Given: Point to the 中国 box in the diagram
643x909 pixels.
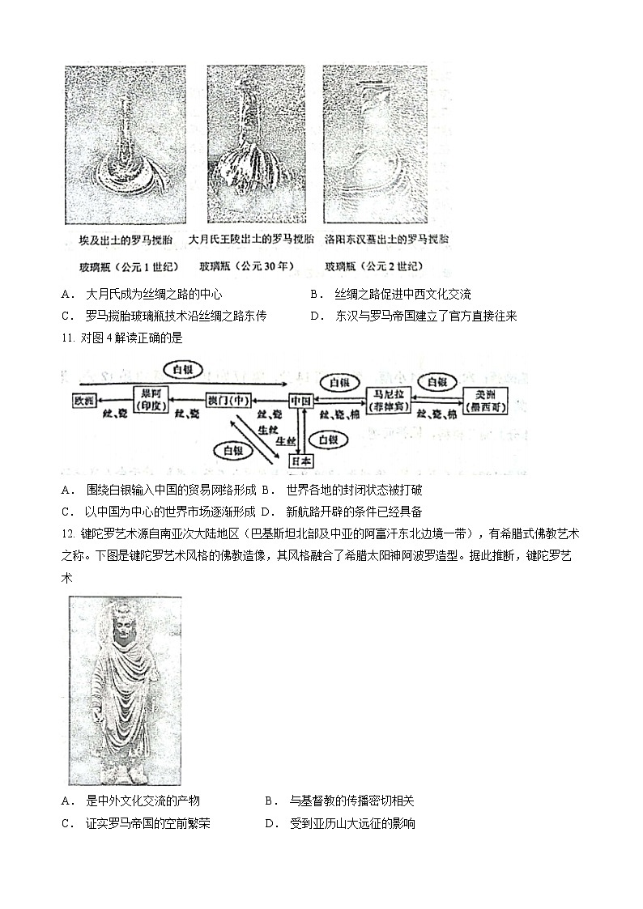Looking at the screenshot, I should click(x=302, y=400).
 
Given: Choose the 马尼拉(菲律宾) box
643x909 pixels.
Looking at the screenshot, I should click(x=390, y=400).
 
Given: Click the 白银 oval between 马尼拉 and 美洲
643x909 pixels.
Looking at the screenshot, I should click(x=437, y=380).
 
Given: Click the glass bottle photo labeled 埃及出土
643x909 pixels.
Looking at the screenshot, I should click(x=126, y=144).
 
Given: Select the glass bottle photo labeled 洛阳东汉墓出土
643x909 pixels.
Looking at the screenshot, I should click(x=374, y=144).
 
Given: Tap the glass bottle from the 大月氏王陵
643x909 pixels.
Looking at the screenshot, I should click(x=248, y=144).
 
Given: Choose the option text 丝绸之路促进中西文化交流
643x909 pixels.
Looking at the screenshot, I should click(x=403, y=295).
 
